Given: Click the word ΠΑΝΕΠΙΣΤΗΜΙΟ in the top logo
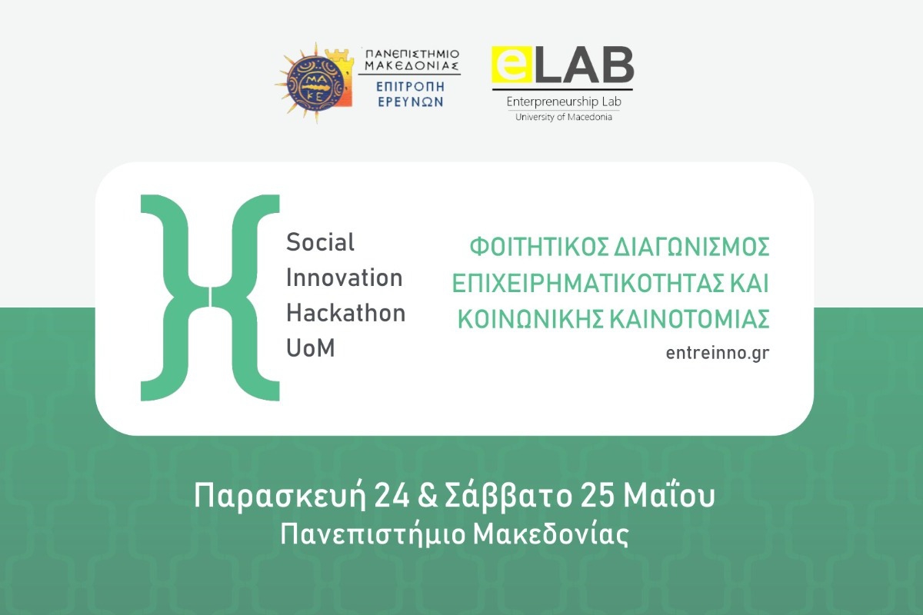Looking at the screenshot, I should point(412,54).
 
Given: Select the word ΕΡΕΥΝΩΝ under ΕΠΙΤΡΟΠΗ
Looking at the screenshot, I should point(411,101).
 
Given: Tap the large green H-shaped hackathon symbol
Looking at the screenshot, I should point(210,298).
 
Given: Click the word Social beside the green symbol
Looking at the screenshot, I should point(320,243).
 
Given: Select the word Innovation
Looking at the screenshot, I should point(344,278).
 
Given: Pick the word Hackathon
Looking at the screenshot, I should point(345,313).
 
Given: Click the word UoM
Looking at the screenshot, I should point(311,347).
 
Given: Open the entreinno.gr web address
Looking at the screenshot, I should point(718,353).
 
